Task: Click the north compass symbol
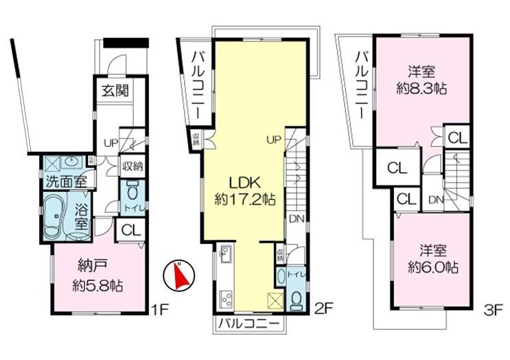tap(176, 275)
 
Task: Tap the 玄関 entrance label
tap(114, 89)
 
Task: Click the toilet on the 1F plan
tap(132, 190)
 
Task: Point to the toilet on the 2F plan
tap(297, 300)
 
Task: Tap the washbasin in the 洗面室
tap(71, 163)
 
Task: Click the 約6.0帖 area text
tap(431, 267)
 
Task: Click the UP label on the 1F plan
tap(111, 144)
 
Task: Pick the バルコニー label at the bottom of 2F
tap(248, 322)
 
